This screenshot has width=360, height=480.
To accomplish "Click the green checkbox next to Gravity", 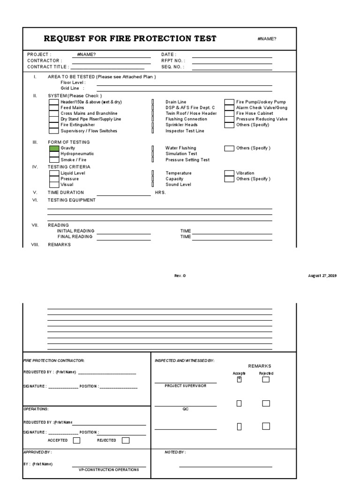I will point(54,148).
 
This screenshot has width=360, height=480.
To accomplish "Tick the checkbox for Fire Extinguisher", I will point(54,125).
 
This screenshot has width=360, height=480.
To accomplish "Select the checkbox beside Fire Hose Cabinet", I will point(229,113).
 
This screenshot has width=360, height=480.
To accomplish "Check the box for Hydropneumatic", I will point(54,154).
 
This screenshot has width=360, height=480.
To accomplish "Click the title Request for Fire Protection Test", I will point(130,38).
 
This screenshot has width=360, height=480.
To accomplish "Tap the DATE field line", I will point(232,57).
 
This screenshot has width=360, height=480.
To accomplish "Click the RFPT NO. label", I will point(173,60).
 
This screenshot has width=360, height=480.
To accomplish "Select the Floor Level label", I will point(73,82).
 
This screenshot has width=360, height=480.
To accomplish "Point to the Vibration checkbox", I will point(229,173).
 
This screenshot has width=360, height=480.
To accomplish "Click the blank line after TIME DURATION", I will point(124,195).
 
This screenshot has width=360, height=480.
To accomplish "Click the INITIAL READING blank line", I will point(124,233).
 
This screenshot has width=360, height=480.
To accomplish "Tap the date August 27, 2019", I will point(322,276).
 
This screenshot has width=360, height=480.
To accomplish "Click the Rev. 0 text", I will point(180,276).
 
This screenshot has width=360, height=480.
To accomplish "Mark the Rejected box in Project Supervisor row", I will point(266,380).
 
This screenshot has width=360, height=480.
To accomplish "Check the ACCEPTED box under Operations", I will point(76,440).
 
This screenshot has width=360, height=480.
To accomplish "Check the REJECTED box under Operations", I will point(126,440).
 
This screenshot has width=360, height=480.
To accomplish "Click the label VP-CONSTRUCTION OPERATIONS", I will point(109,470).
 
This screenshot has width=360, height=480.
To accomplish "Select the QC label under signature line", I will point(185,409).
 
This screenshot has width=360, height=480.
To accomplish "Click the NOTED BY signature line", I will point(225,466).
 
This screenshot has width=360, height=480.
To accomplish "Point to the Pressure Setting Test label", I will point(187,160).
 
